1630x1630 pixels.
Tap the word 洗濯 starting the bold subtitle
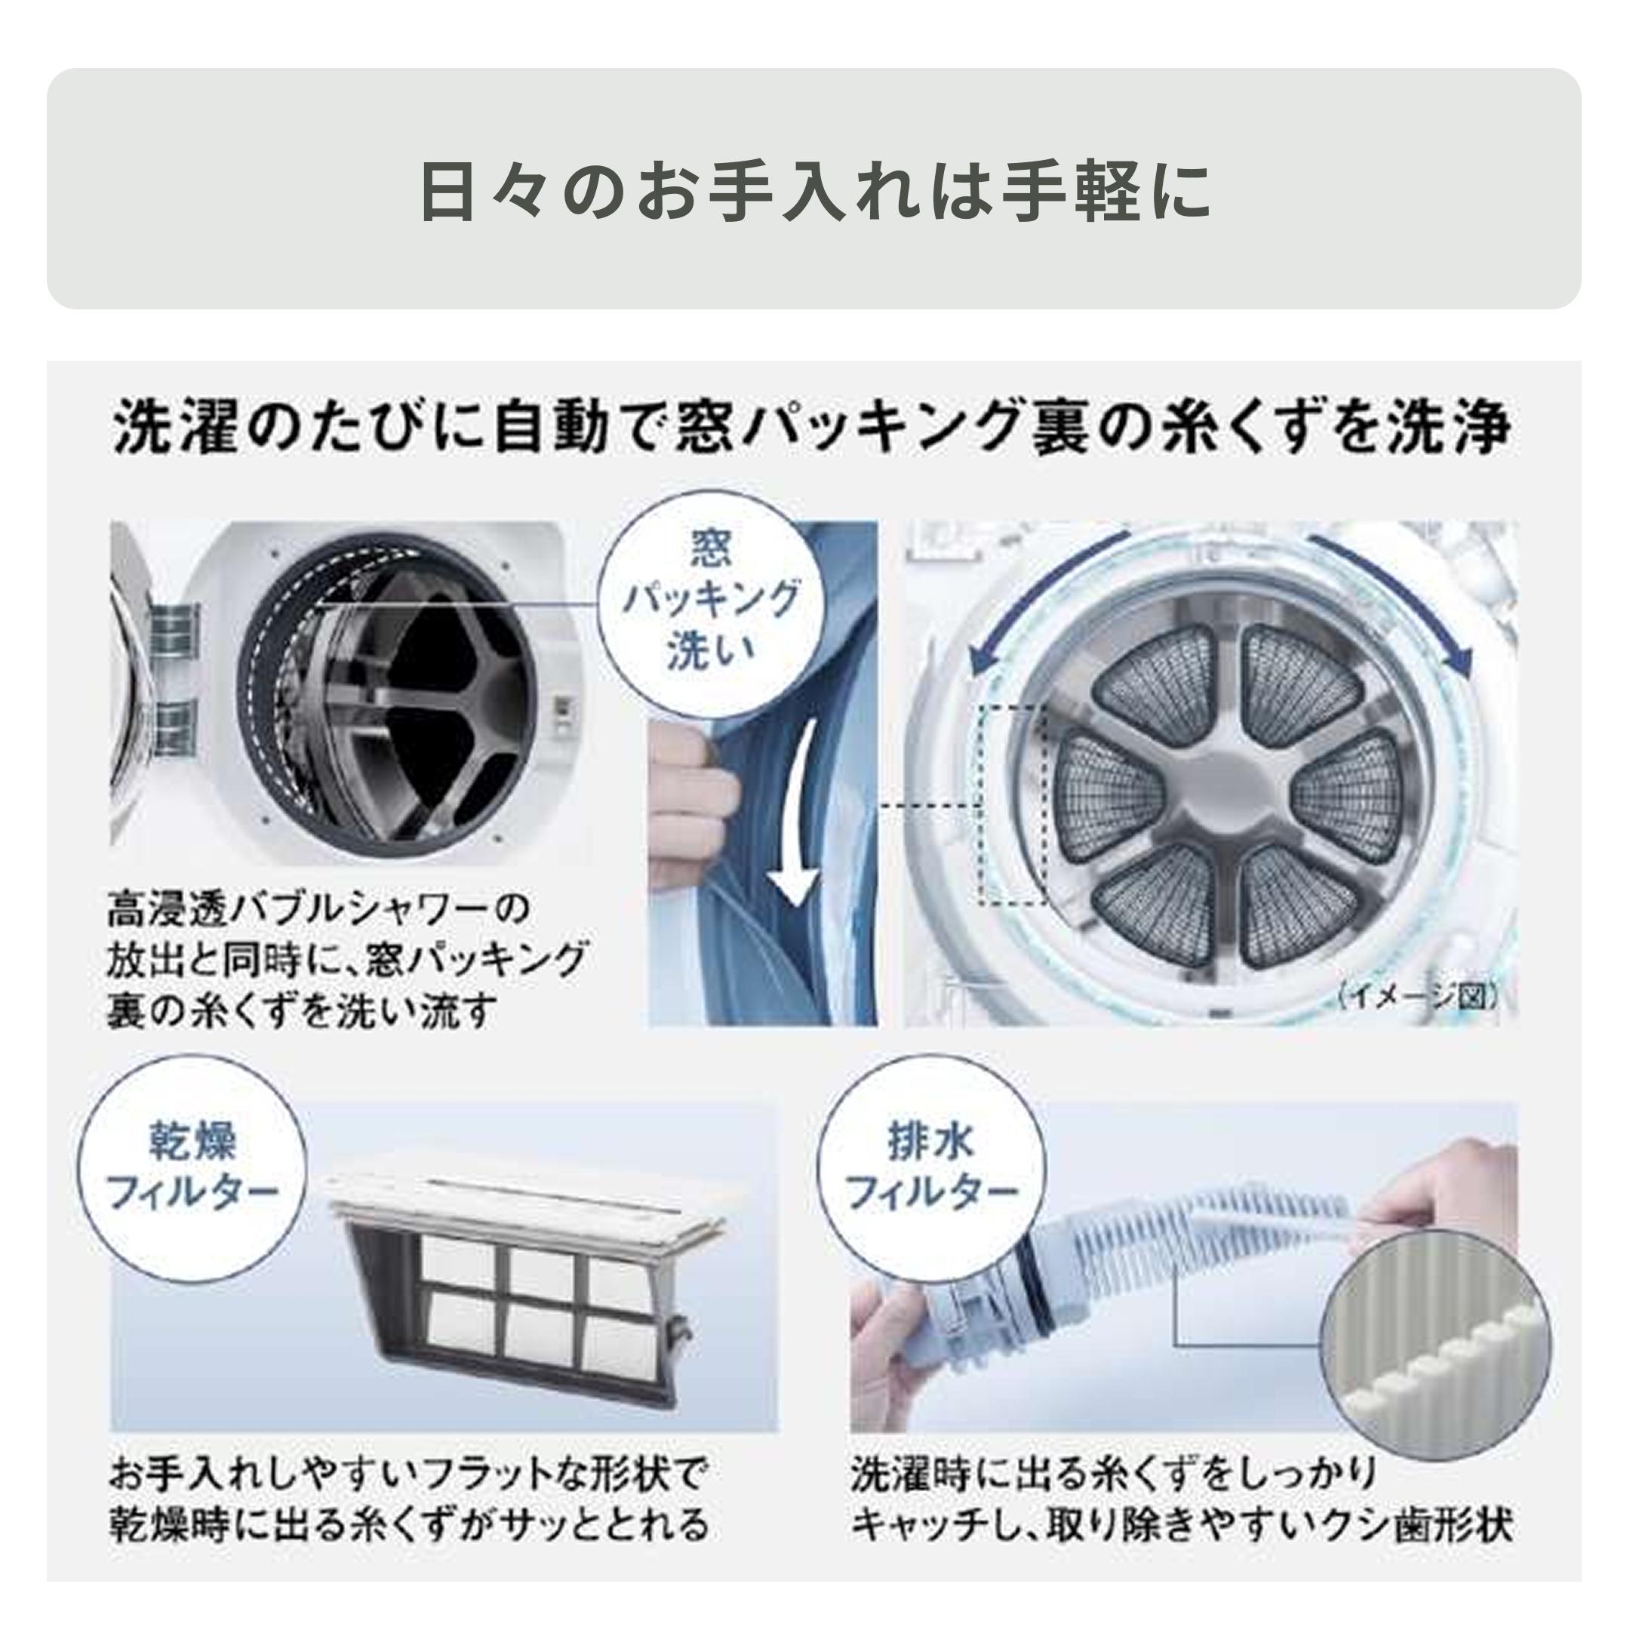coord(169,428)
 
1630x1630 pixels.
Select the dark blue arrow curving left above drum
coord(1038,591)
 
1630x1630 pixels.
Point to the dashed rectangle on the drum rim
coord(1013,806)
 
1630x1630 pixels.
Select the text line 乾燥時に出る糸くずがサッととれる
coord(409,1524)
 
